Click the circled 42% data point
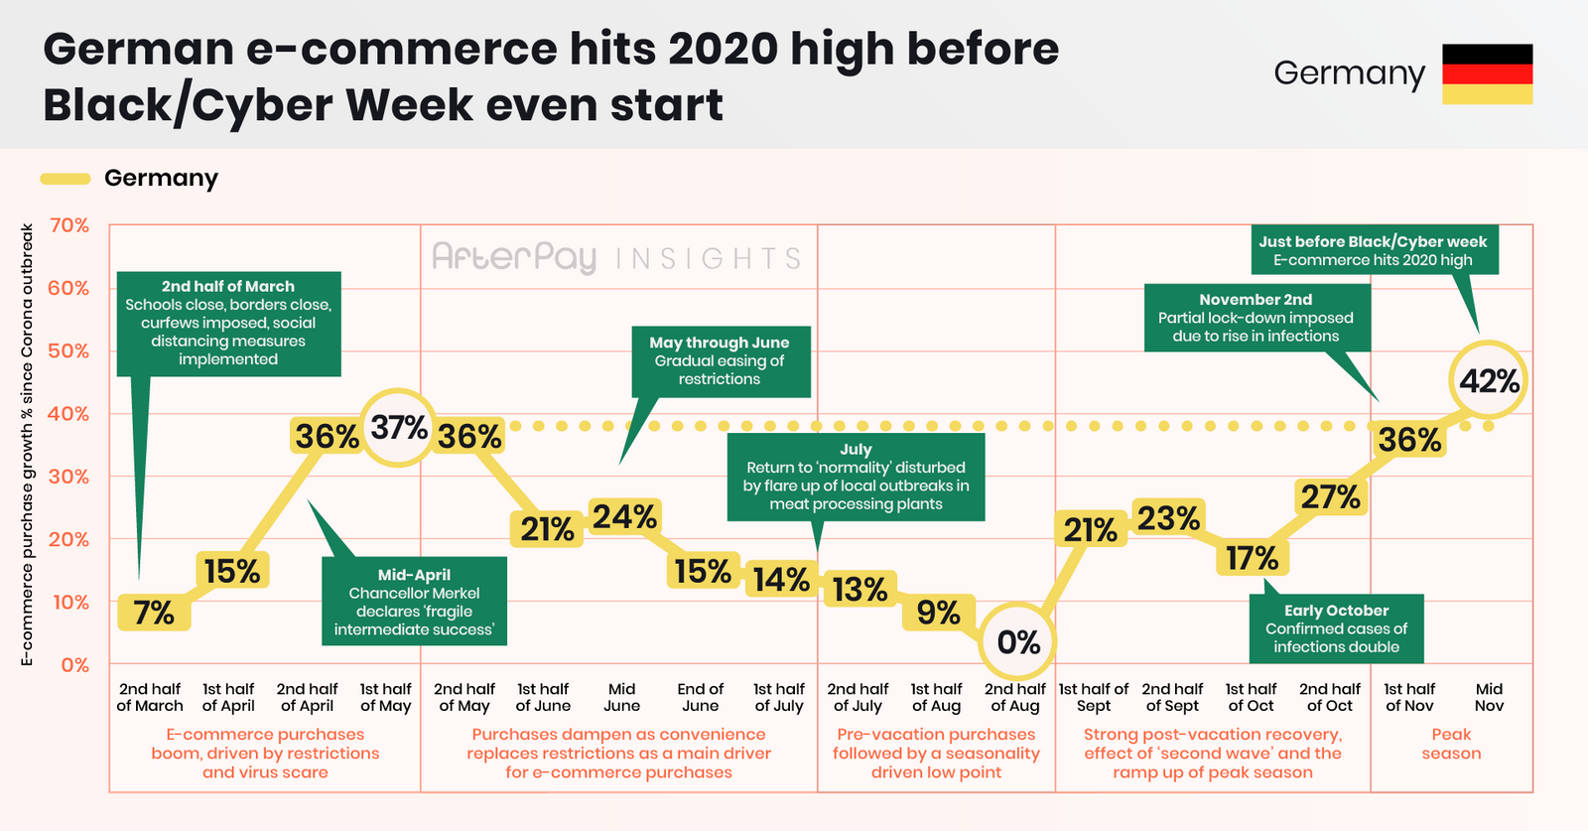(x=1488, y=381)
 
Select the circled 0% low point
(x=1017, y=641)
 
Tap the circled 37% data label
(x=398, y=428)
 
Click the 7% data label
(x=154, y=613)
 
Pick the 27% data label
(x=1330, y=497)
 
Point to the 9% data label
(x=938, y=613)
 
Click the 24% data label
(x=624, y=517)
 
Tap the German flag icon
(x=1488, y=73)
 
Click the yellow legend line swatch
(x=66, y=179)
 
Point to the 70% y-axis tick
(x=69, y=225)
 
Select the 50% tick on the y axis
(x=69, y=351)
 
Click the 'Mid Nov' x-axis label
(x=1489, y=697)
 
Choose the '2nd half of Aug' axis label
(x=1015, y=697)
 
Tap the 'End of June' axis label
(x=701, y=697)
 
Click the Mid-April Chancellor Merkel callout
(x=414, y=602)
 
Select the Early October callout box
(x=1336, y=628)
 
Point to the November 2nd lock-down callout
(x=1257, y=318)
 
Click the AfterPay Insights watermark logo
(x=616, y=257)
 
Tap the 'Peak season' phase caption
(x=1451, y=744)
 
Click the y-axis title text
(x=27, y=445)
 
